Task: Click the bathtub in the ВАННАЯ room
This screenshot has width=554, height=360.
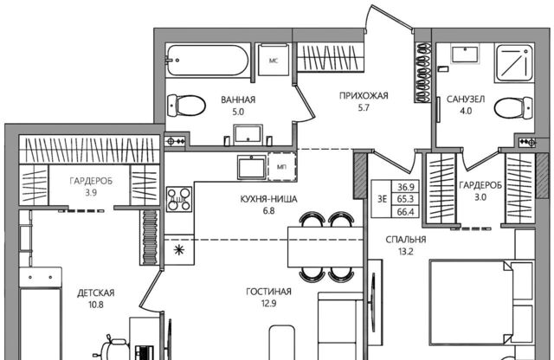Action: coord(204,60)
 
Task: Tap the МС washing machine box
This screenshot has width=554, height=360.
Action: coord(274,60)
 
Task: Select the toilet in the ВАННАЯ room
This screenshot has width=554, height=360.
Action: coord(186,106)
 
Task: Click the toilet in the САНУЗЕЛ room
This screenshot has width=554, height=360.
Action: coord(513,107)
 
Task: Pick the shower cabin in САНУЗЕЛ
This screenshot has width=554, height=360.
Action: coord(514,63)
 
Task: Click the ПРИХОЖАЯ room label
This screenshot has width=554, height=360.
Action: coord(364,95)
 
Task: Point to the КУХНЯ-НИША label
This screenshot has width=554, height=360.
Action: coord(268,199)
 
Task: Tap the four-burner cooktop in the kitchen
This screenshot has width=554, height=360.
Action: coord(179,199)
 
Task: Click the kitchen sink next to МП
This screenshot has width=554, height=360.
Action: coord(252,168)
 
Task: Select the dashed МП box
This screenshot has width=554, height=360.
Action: coord(282,167)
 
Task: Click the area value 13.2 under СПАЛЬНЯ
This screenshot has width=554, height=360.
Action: coord(406,252)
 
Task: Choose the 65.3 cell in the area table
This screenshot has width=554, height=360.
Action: coord(405,199)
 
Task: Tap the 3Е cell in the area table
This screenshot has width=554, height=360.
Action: coord(382,199)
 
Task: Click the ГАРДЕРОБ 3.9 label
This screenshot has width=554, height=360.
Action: coord(91,187)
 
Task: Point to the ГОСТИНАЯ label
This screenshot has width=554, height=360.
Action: coord(268,292)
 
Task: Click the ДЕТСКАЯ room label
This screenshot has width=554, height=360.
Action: coord(96,292)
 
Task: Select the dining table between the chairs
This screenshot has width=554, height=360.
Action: coord(325,247)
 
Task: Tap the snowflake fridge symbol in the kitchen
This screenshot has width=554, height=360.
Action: coord(179,250)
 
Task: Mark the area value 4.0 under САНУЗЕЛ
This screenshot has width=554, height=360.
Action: coord(466,111)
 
